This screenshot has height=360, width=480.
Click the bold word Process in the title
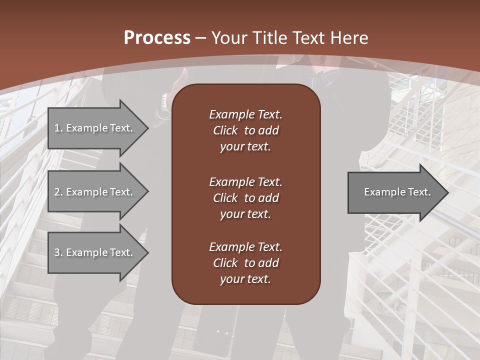tap(157, 38)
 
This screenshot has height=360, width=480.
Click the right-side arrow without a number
tap(395, 192)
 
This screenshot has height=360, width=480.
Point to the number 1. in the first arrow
tap(58, 128)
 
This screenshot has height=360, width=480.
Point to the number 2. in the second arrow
tap(58, 192)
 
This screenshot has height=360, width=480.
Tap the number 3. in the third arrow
tap(58, 252)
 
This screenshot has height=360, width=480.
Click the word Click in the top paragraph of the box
tap(225, 130)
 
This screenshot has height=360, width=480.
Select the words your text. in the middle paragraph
tap(245, 214)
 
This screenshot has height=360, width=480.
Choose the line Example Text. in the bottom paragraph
tap(245, 247)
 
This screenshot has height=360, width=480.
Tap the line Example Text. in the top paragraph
tap(245, 114)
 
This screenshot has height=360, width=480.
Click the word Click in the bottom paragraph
tap(225, 263)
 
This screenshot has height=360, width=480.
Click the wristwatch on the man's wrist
tap(163, 102)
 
